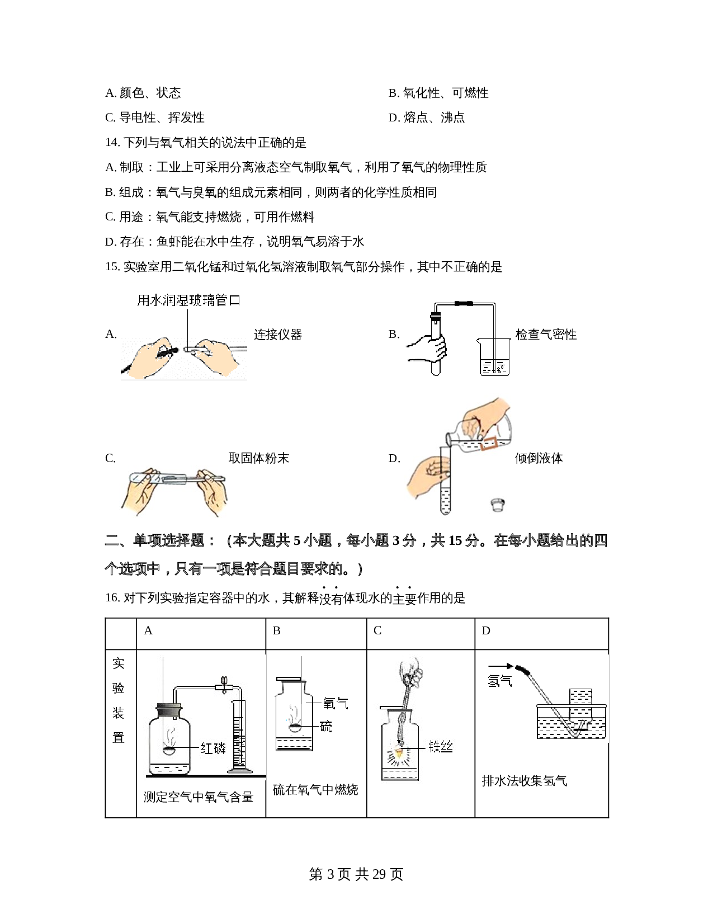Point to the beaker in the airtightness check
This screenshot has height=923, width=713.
click(494, 357)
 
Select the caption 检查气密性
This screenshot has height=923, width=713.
click(546, 335)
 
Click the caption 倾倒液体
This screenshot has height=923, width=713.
click(539, 458)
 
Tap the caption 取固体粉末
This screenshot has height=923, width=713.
click(258, 458)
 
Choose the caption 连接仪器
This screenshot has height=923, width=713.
click(278, 335)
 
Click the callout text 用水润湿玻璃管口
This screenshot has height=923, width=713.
click(189, 300)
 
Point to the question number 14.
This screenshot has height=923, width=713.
click(112, 143)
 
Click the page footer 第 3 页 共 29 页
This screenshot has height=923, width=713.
click(356, 874)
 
